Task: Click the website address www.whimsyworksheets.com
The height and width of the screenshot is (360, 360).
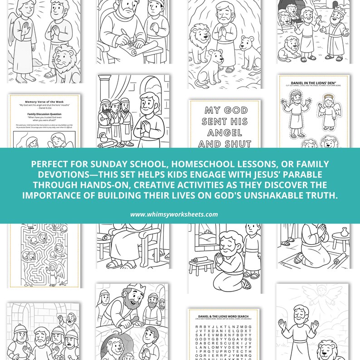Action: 180,214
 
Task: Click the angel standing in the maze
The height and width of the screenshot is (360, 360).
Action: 55,272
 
